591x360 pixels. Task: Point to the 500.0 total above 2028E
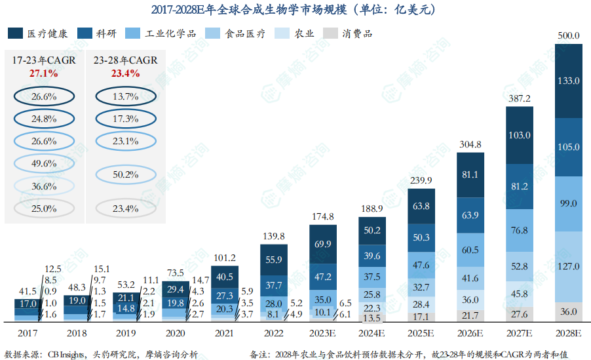[567, 36]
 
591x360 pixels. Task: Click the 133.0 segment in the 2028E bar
[567, 81]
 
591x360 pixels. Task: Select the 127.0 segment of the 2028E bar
[567, 266]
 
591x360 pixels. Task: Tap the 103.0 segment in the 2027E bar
[519, 134]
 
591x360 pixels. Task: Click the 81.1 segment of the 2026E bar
[470, 175]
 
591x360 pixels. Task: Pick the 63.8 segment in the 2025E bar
[421, 206]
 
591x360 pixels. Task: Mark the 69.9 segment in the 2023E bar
[323, 244]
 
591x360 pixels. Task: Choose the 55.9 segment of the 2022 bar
[274, 260]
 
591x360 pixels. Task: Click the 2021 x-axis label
[224, 334]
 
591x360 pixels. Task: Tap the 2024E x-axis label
[372, 334]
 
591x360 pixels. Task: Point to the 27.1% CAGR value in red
[43, 73]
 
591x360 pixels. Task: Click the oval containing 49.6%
[43, 163]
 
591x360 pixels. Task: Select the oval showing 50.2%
[125, 174]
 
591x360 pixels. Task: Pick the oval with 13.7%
[125, 96]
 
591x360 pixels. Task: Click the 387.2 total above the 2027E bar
[519, 98]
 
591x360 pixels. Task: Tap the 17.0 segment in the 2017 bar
[28, 304]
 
